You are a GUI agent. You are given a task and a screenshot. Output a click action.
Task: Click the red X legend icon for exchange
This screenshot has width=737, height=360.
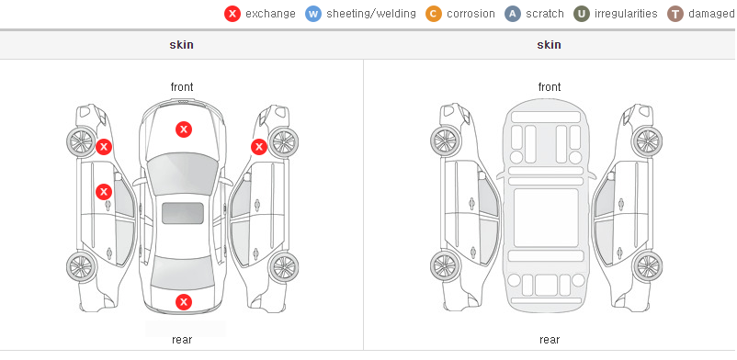pos(232,14)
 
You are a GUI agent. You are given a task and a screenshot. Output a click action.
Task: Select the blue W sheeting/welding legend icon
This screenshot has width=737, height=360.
pos(313,14)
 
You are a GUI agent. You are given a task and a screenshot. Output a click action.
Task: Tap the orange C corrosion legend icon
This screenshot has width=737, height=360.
pos(434,14)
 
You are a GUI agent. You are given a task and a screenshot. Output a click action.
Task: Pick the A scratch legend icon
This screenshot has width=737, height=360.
pos(513,14)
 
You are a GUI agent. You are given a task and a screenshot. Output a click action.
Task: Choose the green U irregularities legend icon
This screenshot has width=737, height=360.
pos(582,14)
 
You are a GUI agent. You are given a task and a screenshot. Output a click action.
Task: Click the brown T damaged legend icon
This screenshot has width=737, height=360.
pos(675,14)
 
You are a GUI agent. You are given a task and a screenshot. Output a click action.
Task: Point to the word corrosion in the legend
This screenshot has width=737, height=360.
pos(471,14)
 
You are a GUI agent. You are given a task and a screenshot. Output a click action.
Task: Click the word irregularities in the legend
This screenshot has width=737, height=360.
pos(626,14)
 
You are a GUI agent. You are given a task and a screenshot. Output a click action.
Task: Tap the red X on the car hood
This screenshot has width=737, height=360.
pos(184,129)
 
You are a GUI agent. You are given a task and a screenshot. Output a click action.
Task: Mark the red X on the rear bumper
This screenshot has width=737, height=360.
pos(184,302)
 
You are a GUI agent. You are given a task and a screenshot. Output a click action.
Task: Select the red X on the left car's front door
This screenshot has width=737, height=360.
pos(104,192)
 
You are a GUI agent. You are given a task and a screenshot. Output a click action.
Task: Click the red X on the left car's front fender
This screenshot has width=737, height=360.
pos(104,147)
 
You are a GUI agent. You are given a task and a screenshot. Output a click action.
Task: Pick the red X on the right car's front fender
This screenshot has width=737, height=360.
pos(259,147)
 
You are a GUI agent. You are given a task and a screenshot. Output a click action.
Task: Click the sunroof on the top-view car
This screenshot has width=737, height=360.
pos(183,213)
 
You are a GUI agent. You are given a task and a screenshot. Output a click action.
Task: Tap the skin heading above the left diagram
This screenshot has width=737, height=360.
pos(181,45)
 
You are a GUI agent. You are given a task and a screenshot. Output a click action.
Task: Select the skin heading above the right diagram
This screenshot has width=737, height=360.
pos(549,45)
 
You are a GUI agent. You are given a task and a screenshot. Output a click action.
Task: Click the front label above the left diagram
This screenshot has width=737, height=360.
pos(182,87)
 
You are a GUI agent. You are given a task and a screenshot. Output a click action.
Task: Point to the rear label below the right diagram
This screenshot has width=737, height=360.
pos(550,339)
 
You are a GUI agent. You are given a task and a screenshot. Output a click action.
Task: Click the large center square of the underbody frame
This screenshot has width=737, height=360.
pos(546,218)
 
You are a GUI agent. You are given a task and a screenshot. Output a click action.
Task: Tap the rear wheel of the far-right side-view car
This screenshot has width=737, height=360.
pos(648,267)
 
